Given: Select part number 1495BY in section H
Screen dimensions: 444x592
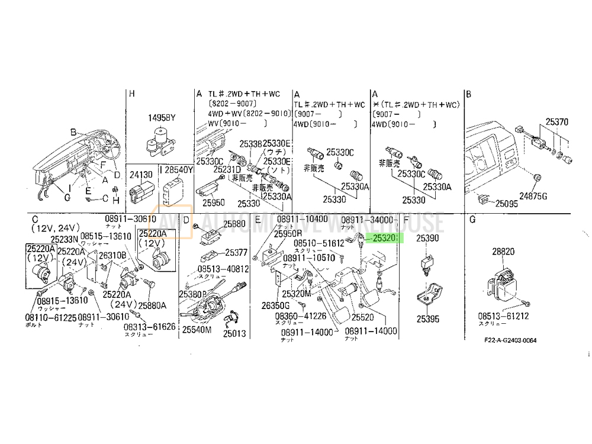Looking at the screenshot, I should click(162, 118).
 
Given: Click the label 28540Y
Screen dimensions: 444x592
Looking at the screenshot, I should click(179, 170).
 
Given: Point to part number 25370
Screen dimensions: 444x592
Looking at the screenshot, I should click(556, 122).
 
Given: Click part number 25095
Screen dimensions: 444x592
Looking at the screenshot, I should click(507, 204).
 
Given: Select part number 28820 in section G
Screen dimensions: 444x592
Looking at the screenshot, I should click(504, 252).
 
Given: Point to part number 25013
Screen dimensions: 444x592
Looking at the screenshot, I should click(234, 334).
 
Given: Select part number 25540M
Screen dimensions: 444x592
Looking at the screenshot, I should click(197, 330).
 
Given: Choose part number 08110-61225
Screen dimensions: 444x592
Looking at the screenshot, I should click(51, 317).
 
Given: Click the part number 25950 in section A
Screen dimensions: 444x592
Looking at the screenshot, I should click(214, 202).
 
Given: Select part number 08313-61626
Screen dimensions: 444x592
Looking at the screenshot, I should click(149, 326).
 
